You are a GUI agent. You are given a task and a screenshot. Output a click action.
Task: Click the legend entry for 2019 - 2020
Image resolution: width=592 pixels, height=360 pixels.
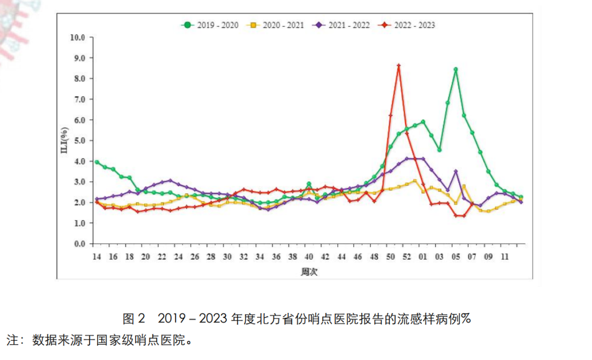[x=210, y=25]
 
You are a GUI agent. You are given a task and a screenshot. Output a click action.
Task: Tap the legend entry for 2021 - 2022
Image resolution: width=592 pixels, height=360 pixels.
[x=342, y=25]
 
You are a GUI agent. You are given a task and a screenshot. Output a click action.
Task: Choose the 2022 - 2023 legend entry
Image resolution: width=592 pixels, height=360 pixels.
[x=408, y=25]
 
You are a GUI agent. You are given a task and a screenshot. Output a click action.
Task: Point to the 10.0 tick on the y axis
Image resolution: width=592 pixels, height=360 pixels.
[x=78, y=37]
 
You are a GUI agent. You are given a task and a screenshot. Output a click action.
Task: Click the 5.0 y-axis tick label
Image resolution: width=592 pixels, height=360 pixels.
[x=79, y=141]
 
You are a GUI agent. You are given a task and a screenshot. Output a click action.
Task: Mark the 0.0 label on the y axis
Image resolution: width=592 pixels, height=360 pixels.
[x=79, y=244]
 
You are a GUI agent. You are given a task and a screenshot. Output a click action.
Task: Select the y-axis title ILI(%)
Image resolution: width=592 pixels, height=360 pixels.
[x=64, y=140]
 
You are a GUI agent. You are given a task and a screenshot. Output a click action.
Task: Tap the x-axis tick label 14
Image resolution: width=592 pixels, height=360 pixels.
[x=96, y=256]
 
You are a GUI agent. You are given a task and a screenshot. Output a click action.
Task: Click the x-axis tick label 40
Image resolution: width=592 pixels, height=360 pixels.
[x=309, y=256]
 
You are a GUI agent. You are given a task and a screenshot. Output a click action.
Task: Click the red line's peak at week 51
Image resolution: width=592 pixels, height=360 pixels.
[x=399, y=66]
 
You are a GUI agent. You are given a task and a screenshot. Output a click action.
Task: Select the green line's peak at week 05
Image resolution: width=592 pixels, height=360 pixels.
[x=456, y=70]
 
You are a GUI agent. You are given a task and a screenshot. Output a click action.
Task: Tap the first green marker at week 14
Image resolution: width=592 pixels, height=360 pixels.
[x=96, y=162]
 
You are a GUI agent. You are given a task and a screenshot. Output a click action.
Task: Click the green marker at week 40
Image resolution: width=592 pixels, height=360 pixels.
[x=309, y=184]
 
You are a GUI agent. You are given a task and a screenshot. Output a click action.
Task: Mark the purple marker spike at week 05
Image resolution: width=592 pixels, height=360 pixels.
[x=456, y=172]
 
